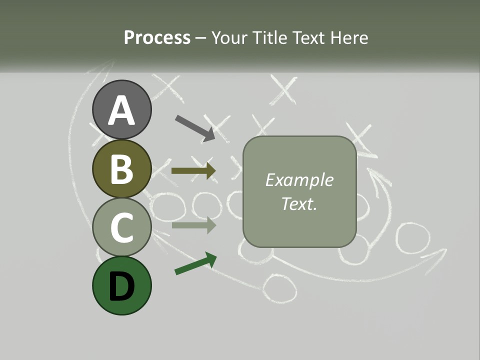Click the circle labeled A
tap(121, 109)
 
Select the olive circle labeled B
tap(121, 169)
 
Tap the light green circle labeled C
tap(121, 227)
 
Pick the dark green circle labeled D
tap(121, 285)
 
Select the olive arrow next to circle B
tap(193, 170)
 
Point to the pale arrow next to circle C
tap(193, 225)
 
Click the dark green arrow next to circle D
tap(195, 263)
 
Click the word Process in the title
tap(157, 37)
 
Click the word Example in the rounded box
tap(299, 180)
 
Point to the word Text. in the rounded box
tap(299, 203)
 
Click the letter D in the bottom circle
tap(121, 286)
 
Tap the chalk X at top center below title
tap(283, 90)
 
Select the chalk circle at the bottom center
tap(279, 288)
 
